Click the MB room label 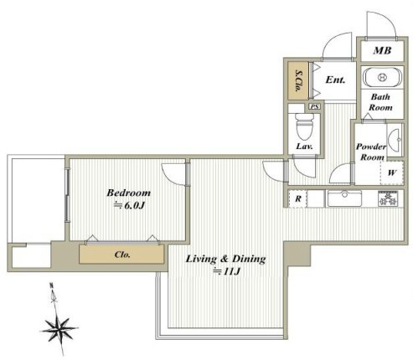click(x=382, y=50)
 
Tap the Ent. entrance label click(x=335, y=80)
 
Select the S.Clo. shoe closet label click(x=299, y=80)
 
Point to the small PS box click(x=315, y=106)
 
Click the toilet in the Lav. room click(x=304, y=126)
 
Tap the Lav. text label click(x=304, y=147)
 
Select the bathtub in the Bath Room click(x=382, y=77)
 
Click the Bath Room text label click(x=380, y=102)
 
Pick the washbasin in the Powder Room click(x=395, y=140)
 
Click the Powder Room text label click(x=371, y=152)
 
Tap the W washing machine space click(x=392, y=172)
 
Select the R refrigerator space click(x=297, y=198)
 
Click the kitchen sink click(x=344, y=198)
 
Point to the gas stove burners click(x=388, y=198)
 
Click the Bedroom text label click(x=129, y=193)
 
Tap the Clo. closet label click(x=122, y=255)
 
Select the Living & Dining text click(x=225, y=259)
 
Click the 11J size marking click(x=227, y=271)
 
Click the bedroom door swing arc click(x=168, y=177)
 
